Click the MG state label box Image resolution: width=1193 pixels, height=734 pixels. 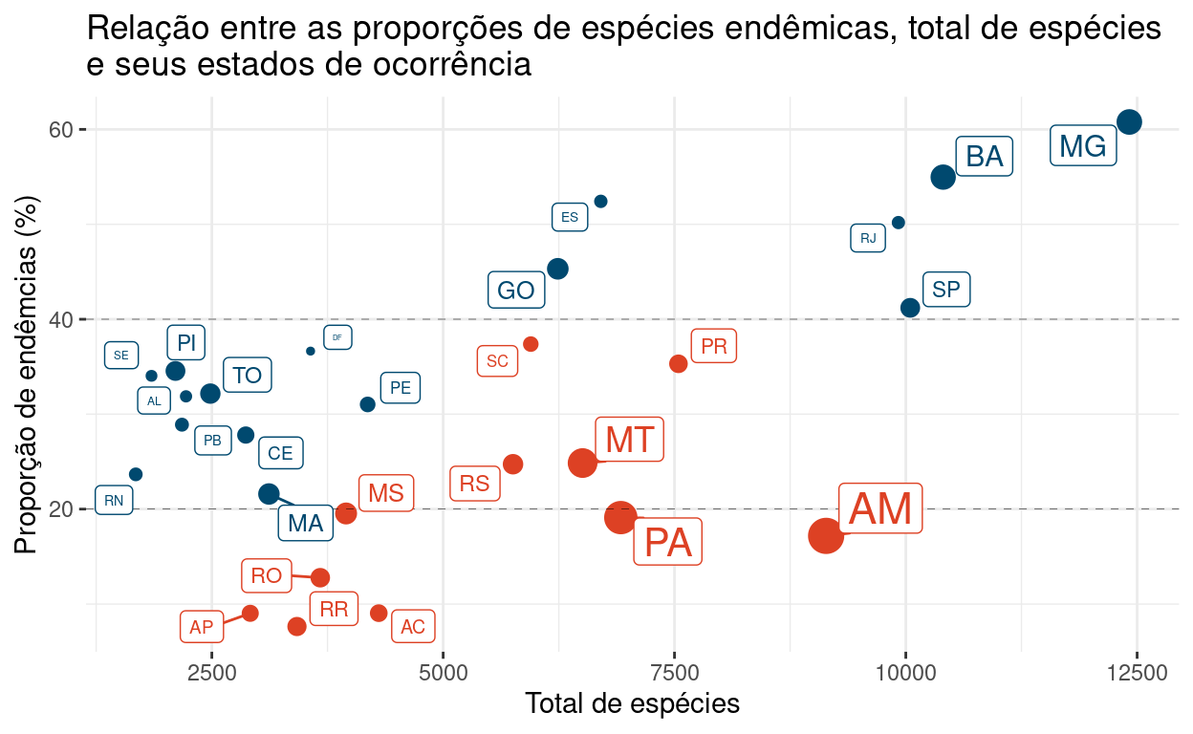tap(1083, 146)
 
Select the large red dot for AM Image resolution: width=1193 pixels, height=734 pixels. tap(826, 536)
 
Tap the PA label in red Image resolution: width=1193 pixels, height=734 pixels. tap(667, 542)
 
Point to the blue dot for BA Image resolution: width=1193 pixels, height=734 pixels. tap(944, 177)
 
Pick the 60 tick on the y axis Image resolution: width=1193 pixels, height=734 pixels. tap(62, 129)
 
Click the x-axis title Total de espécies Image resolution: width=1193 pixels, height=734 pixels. tap(632, 704)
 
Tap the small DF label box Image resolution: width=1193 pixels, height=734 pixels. tap(337, 337)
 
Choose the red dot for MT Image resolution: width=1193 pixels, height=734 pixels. tap(582, 463)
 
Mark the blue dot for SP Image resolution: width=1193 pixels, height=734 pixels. tap(910, 308)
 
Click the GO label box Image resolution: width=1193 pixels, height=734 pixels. tap(516, 291)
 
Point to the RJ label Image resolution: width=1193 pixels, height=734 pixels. tap(868, 238)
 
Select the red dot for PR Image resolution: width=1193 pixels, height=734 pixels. tap(679, 363)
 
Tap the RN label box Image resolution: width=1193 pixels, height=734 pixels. tap(114, 500)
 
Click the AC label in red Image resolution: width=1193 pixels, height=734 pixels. tap(413, 627)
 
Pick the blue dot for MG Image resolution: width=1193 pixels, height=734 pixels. tap(1129, 121)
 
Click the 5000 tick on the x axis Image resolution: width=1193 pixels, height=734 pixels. tap(444, 673)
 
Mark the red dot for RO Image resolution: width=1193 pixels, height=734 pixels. tap(320, 577)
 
